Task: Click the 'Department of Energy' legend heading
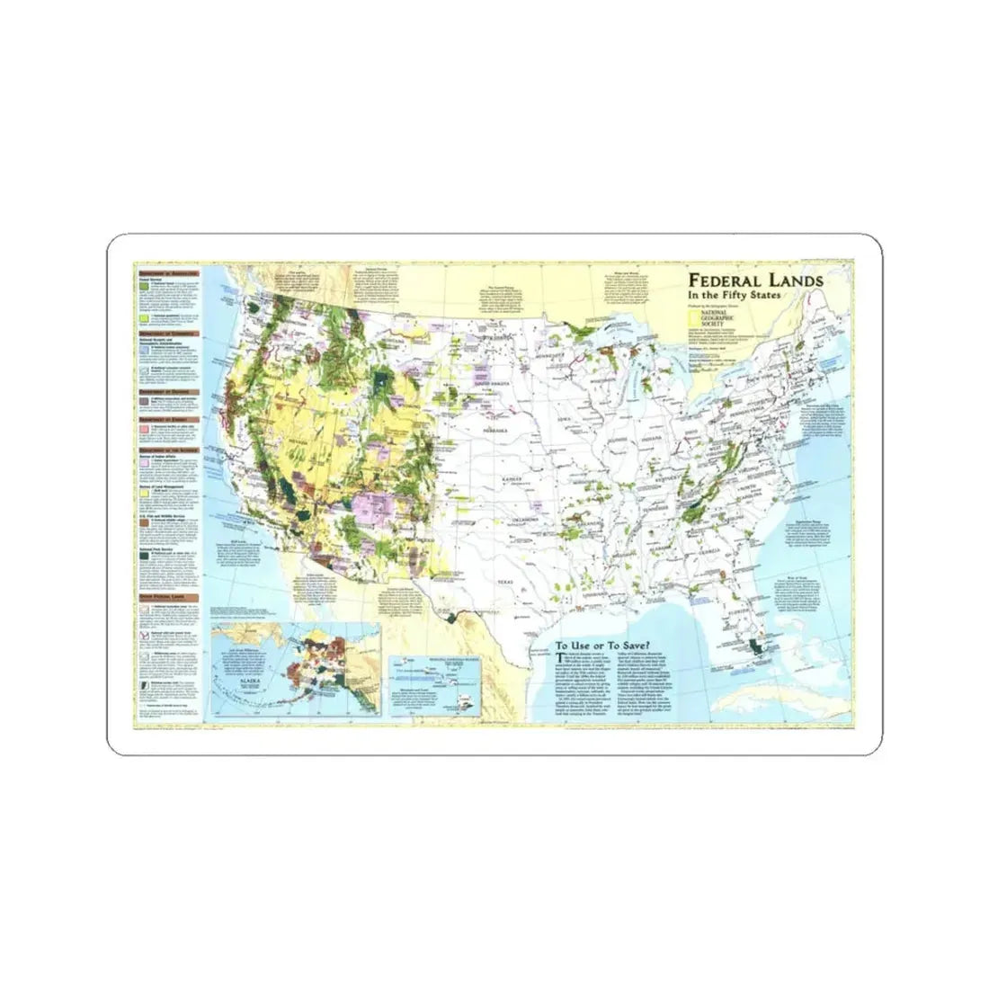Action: (166, 420)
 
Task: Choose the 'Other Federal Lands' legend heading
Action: (166, 596)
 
